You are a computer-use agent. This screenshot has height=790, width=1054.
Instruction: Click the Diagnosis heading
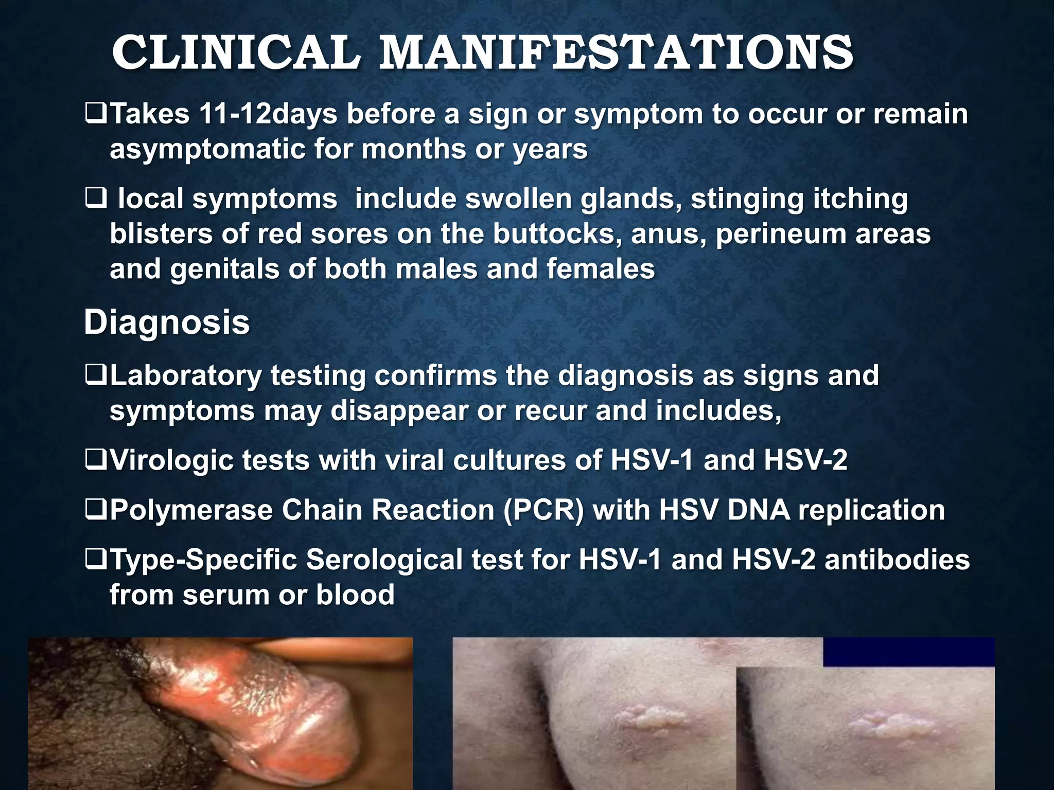pos(167,322)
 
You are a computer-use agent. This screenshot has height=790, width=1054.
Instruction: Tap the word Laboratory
pos(186,375)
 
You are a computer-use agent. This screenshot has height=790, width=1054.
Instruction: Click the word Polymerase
pos(191,510)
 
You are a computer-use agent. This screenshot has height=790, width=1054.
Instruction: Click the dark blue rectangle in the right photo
pos(908,652)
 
